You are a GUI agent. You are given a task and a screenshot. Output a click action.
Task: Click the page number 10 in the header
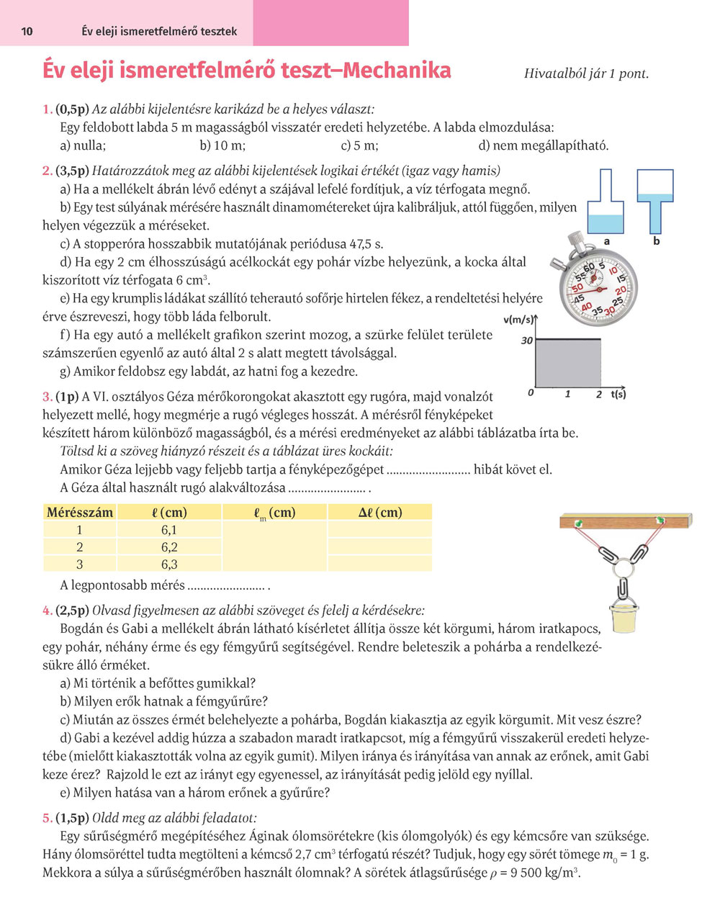pyautogui.click(x=27, y=32)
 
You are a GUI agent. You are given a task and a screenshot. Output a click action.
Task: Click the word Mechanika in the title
pyautogui.click(x=397, y=71)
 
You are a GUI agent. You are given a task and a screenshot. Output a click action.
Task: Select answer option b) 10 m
pyautogui.click(x=222, y=145)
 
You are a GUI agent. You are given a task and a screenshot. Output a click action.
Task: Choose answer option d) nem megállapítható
pyautogui.click(x=543, y=145)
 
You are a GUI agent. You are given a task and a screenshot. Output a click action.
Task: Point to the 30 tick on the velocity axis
pyautogui.click(x=526, y=340)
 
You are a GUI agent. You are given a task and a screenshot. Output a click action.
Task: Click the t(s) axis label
pyautogui.click(x=618, y=394)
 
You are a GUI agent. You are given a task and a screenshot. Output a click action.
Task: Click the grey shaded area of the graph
pyautogui.click(x=568, y=364)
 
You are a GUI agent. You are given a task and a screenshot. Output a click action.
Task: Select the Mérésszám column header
pyautogui.click(x=79, y=513)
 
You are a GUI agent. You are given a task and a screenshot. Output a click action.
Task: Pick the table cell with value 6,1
pyautogui.click(x=169, y=530)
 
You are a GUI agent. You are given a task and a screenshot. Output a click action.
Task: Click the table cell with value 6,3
pyautogui.click(x=169, y=565)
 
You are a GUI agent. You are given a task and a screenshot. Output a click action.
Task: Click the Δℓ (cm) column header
pyautogui.click(x=380, y=513)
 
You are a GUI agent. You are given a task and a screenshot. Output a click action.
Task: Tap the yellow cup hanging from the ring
pyautogui.click(x=624, y=619)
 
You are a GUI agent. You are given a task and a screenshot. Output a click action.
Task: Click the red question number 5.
pyautogui.click(x=47, y=818)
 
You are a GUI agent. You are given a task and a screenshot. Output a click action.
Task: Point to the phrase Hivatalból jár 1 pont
pyautogui.click(x=586, y=73)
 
